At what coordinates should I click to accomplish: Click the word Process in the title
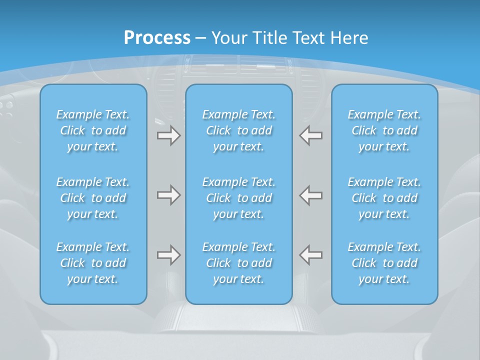pyautogui.click(x=157, y=38)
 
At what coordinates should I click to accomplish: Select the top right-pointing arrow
pyautogui.click(x=168, y=135)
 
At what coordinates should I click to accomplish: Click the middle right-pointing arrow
pyautogui.click(x=168, y=195)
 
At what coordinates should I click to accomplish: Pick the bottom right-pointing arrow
pyautogui.click(x=168, y=255)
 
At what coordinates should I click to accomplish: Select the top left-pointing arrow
pyautogui.click(x=311, y=135)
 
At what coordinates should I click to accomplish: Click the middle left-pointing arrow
pyautogui.click(x=311, y=195)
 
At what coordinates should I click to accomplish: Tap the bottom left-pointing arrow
pyautogui.click(x=311, y=255)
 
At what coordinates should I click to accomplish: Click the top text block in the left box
pyautogui.click(x=93, y=130)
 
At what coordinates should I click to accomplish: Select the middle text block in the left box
pyautogui.click(x=93, y=198)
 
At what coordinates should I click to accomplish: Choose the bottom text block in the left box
pyautogui.click(x=93, y=263)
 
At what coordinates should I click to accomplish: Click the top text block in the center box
pyautogui.click(x=239, y=130)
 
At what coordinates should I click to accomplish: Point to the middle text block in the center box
pyautogui.click(x=239, y=198)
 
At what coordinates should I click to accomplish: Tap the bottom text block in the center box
pyautogui.click(x=239, y=263)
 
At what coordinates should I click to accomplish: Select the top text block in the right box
pyautogui.click(x=384, y=130)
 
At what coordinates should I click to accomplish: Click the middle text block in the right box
pyautogui.click(x=384, y=198)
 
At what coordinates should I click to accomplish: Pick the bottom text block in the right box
pyautogui.click(x=384, y=263)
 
